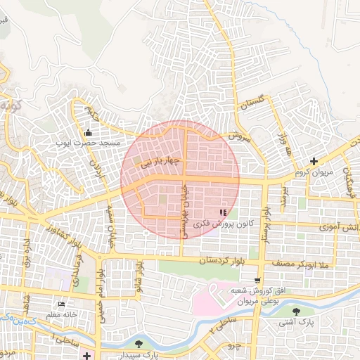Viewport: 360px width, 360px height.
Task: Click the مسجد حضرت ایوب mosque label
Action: [89, 143]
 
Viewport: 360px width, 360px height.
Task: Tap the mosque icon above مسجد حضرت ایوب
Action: [89, 133]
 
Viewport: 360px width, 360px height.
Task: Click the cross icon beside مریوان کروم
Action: [314, 162]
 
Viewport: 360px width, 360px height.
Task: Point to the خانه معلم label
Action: [63, 315]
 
